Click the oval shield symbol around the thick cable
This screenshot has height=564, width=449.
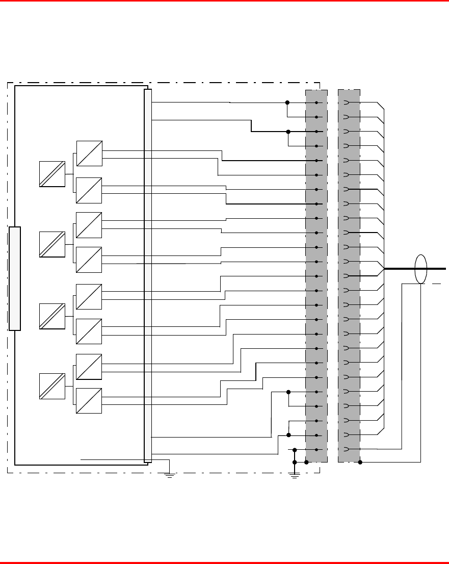tap(420, 268)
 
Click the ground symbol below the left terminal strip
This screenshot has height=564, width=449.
tap(294, 475)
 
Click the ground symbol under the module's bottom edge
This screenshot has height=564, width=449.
tap(170, 475)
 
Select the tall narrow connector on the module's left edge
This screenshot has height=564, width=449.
tap(15, 278)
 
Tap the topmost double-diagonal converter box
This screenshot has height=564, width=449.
tap(52, 173)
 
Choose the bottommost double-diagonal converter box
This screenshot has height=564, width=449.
tap(52, 386)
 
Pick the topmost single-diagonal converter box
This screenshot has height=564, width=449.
tap(89, 153)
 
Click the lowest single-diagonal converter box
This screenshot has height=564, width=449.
tap(89, 401)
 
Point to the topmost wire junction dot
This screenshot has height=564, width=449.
tap(287, 102)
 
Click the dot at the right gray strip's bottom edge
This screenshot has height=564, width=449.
tap(360, 463)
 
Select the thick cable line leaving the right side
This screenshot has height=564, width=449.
tap(438, 268)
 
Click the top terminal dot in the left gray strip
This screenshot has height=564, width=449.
tap(316, 103)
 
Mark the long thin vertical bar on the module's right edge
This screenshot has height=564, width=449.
tap(148, 275)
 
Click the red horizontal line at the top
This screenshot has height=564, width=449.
tap(224, 1)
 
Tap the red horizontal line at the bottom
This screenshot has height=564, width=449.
tap(224, 562)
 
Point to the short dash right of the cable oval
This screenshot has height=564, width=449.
tap(436, 284)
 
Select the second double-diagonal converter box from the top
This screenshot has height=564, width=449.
tap(52, 244)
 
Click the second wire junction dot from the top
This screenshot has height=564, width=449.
tap(288, 132)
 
